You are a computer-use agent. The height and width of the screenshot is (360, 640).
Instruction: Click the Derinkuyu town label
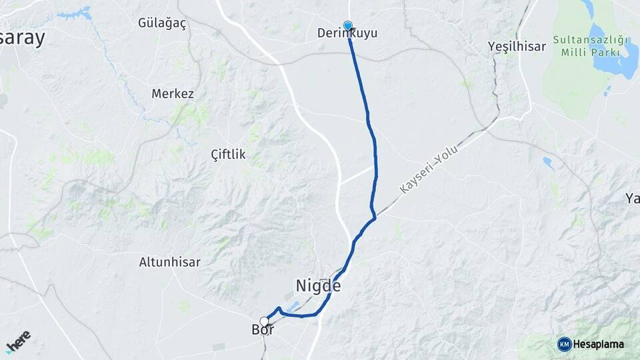[x=347, y=33]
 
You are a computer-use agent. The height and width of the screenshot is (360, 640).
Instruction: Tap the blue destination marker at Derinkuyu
[x=347, y=26]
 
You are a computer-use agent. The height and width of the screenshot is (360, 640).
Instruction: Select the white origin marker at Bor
[x=264, y=321]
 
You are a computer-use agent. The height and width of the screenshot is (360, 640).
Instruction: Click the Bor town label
[x=263, y=330]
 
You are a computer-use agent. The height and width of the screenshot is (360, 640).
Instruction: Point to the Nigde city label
[x=318, y=286]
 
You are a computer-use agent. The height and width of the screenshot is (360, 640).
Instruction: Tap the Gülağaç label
[x=161, y=23]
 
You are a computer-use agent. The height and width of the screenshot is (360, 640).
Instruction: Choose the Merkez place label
[x=173, y=94]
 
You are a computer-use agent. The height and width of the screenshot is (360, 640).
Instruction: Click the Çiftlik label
[x=228, y=155]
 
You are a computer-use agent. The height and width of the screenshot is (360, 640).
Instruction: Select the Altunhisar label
[x=169, y=262]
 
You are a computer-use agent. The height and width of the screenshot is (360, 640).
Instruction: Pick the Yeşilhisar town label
[x=517, y=46]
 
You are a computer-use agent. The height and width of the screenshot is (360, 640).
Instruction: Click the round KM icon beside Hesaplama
[x=564, y=344]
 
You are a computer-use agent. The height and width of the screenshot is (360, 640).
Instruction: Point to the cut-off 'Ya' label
[x=631, y=197]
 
